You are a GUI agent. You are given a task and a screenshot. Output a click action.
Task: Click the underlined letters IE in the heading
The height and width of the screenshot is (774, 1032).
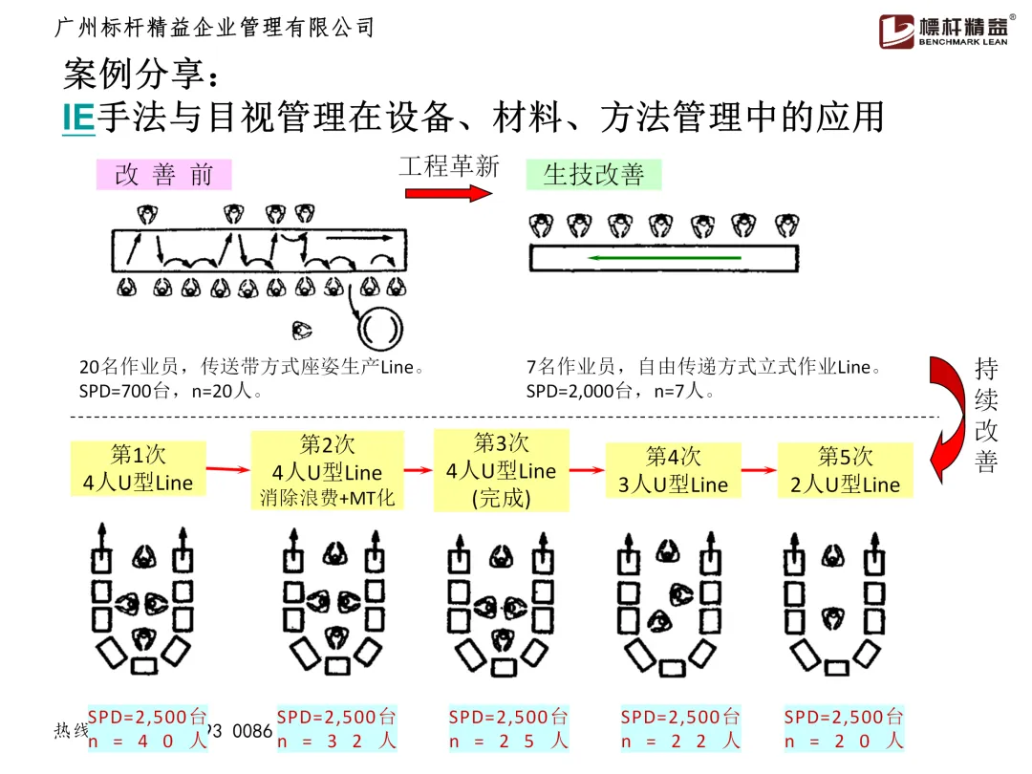pyautogui.click(x=78, y=118)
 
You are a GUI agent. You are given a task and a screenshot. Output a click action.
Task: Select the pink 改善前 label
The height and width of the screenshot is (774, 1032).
pyautogui.click(x=164, y=175)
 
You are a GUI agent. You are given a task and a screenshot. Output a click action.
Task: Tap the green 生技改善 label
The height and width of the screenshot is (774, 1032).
pyautogui.click(x=593, y=174)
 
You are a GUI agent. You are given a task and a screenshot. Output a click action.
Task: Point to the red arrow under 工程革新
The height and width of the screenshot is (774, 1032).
pyautogui.click(x=448, y=193)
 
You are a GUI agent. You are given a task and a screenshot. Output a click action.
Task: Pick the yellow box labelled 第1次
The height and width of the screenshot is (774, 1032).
pyautogui.click(x=124, y=468)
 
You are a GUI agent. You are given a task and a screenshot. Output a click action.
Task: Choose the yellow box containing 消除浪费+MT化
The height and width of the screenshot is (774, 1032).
pyautogui.click(x=327, y=471)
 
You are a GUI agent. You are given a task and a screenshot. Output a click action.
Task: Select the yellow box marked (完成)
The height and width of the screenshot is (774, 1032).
pyautogui.click(x=501, y=471)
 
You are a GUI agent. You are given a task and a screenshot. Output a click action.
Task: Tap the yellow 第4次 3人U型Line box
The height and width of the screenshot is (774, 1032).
pyautogui.click(x=673, y=470)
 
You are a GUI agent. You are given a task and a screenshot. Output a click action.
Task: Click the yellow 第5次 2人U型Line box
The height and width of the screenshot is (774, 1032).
pyautogui.click(x=845, y=470)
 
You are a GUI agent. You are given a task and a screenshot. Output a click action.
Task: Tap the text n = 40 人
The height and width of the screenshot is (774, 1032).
pyautogui.click(x=147, y=741)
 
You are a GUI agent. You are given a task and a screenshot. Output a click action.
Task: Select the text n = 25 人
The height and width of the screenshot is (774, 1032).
pyautogui.click(x=508, y=741)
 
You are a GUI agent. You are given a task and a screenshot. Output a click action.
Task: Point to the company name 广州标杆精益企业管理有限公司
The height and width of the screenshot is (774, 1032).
pyautogui.click(x=216, y=29)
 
